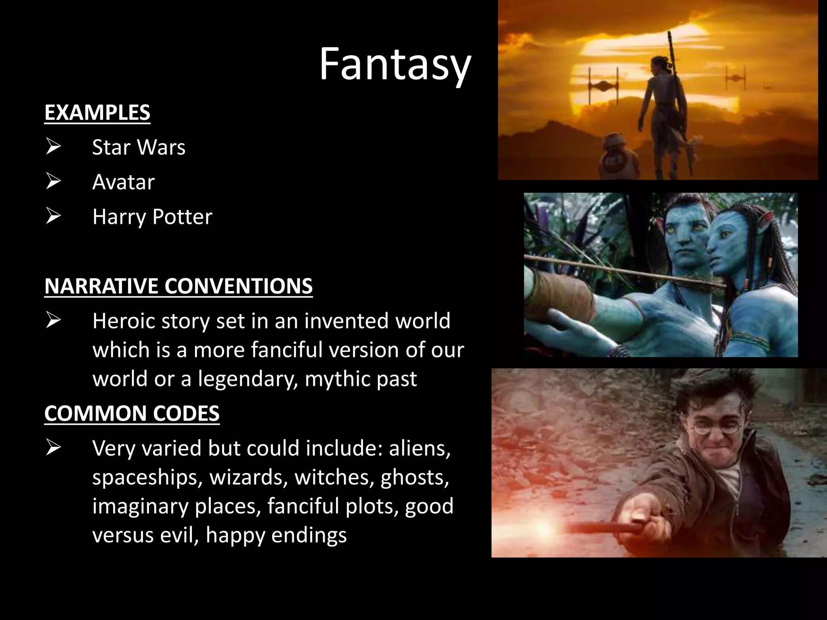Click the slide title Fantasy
pos(395,65)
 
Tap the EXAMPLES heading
pos(97,112)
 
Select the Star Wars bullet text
pos(139,147)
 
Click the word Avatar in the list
pos(123,182)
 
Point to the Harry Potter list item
pos(152,217)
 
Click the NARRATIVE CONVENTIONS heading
pos(178,286)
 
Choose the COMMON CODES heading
pos(132,413)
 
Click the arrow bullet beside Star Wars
pos(53,147)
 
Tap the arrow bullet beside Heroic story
pos(53,320)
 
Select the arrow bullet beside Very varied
pos(53,448)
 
